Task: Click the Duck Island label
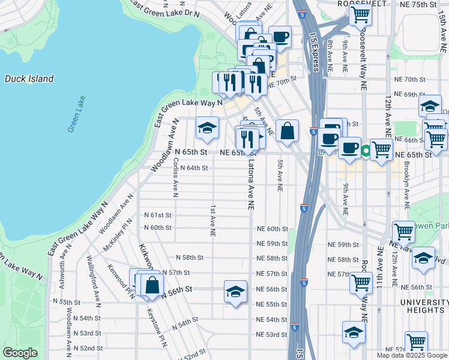click(x=29, y=79)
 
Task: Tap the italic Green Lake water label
click(x=76, y=114)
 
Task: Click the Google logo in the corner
click(x=20, y=353)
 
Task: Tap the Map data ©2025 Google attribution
click(x=412, y=355)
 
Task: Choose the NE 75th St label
click(x=420, y=5)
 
